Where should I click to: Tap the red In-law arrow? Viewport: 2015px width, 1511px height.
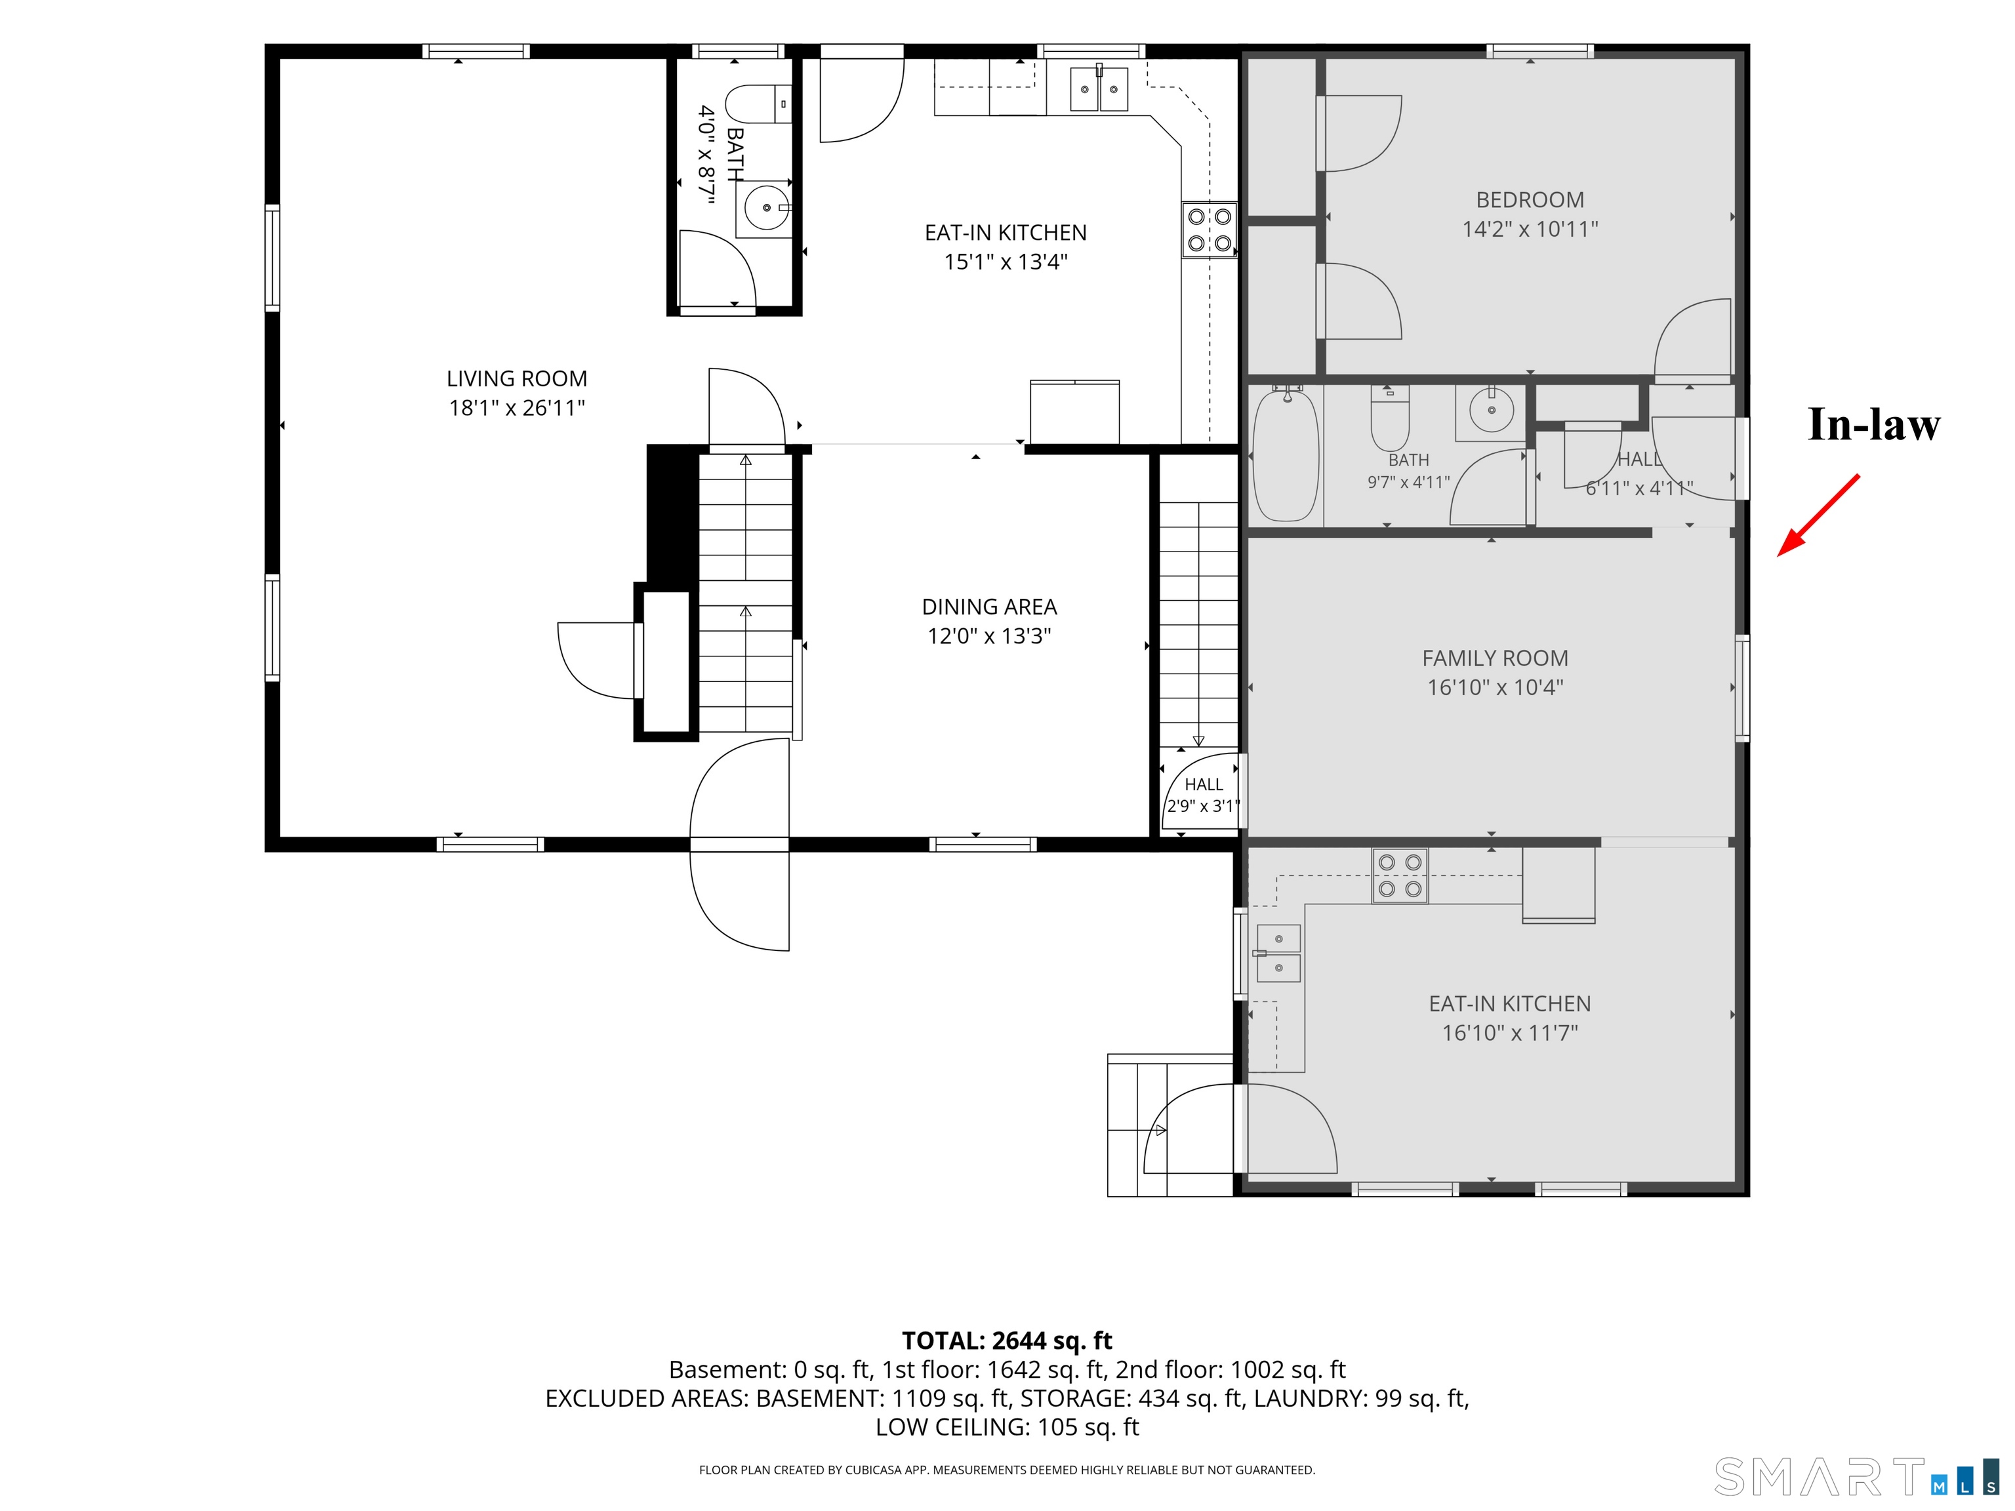[x=1818, y=515]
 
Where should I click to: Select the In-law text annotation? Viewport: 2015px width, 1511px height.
[x=1874, y=424]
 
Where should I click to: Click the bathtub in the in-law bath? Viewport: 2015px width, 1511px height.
[x=1286, y=454]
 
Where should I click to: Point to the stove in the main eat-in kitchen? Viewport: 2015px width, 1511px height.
[x=1210, y=230]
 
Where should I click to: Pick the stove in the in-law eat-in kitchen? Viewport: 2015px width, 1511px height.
[x=1400, y=876]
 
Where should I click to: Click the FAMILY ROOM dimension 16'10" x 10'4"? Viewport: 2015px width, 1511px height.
[x=1495, y=688]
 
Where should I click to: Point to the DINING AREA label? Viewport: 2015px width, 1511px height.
[x=989, y=607]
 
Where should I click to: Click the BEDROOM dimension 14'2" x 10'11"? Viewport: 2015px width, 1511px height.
[x=1530, y=230]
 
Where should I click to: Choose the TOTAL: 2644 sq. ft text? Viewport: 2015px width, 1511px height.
[x=1007, y=1340]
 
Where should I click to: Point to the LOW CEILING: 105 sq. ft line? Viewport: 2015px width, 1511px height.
[x=1007, y=1427]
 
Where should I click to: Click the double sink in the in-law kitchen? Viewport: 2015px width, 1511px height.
[x=1278, y=953]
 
